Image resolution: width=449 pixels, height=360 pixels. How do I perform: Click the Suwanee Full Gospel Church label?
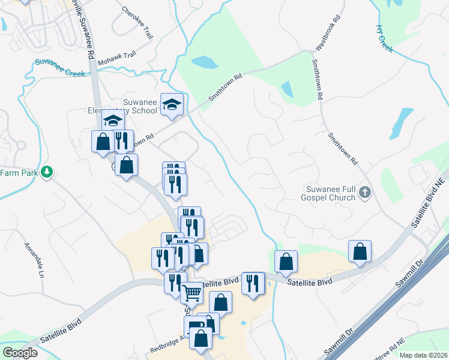pyautogui.click(x=329, y=193)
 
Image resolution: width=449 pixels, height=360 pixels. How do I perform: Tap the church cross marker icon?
pyautogui.click(x=365, y=193)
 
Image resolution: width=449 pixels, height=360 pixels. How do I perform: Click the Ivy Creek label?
pyautogui.click(x=384, y=38)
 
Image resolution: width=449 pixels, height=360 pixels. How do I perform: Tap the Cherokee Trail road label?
pyautogui.click(x=137, y=23)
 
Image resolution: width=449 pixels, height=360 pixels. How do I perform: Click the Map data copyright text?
pyautogui.click(x=423, y=355)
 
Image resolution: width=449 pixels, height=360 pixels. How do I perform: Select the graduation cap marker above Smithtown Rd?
pyautogui.click(x=172, y=105)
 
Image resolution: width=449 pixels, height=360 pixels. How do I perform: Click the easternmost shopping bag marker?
pyautogui.click(x=360, y=251)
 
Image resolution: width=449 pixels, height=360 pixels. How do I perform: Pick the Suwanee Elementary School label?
pyautogui.click(x=123, y=106)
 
